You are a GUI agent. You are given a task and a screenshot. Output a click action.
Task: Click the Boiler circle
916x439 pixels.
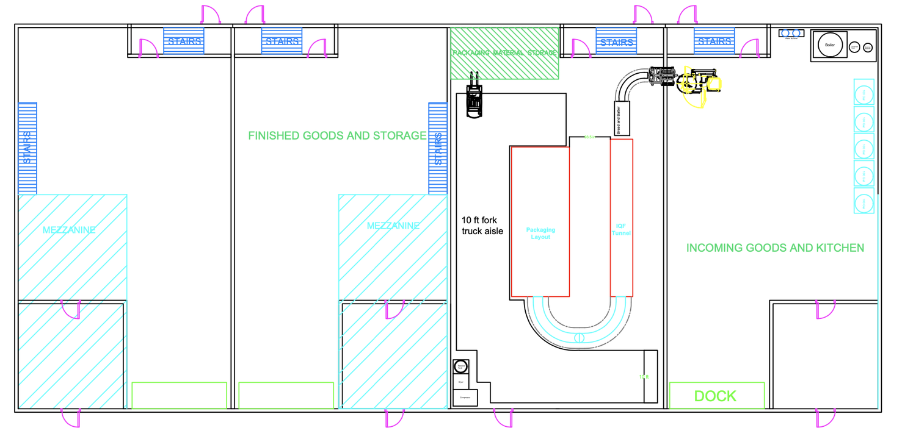(x=830, y=45)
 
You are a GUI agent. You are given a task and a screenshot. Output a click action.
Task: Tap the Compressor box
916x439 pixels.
(x=465, y=398)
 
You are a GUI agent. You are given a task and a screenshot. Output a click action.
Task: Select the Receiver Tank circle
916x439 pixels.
(x=460, y=367)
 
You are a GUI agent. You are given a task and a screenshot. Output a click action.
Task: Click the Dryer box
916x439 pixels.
(x=460, y=382)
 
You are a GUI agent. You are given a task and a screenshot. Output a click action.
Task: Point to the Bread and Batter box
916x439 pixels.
(x=622, y=118)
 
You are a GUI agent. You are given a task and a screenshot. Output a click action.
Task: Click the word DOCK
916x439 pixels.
(x=716, y=396)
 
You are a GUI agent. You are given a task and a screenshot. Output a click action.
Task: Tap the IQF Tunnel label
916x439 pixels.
(x=622, y=230)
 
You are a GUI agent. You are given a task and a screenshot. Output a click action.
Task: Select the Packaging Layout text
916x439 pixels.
(x=540, y=234)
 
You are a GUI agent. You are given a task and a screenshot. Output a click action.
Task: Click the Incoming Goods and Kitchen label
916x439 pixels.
(x=775, y=248)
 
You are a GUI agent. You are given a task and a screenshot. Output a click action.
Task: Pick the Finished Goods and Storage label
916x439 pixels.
(x=337, y=136)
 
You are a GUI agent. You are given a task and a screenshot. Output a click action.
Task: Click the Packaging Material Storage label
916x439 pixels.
(x=505, y=53)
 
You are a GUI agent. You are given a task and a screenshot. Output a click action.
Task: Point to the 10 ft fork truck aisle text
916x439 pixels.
(x=482, y=225)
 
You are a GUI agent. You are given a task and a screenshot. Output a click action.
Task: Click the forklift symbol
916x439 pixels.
(x=474, y=99)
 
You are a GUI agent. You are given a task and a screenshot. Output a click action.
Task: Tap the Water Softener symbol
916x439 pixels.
(x=791, y=34)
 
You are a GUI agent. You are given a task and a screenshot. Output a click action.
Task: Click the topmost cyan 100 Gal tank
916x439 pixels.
(x=863, y=95)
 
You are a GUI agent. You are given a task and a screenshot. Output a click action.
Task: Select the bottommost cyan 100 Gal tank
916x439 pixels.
(x=863, y=203)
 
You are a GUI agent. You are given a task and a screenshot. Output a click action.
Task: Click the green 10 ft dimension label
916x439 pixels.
(x=644, y=377)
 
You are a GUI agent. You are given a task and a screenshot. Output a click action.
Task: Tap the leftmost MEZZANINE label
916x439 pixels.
(x=69, y=230)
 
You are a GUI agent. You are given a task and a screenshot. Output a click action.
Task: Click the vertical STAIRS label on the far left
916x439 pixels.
(x=27, y=148)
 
